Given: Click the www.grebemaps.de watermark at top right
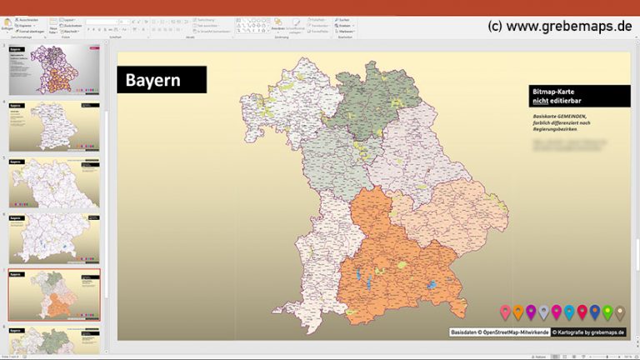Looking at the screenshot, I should [x=560, y=26].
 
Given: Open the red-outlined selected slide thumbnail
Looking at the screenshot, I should [x=54, y=294].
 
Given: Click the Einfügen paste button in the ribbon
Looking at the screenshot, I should [x=7, y=25].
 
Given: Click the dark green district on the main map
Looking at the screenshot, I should [x=359, y=104].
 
